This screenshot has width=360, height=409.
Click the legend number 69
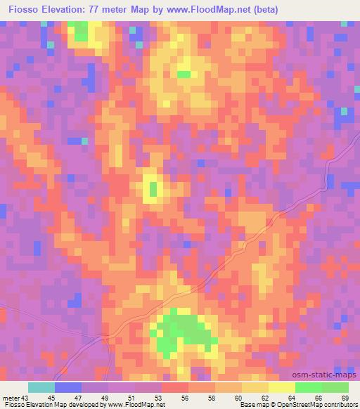345,397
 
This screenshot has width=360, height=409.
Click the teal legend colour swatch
41,387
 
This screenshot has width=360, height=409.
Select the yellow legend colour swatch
281,387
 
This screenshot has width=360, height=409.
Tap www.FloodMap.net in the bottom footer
136,405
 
